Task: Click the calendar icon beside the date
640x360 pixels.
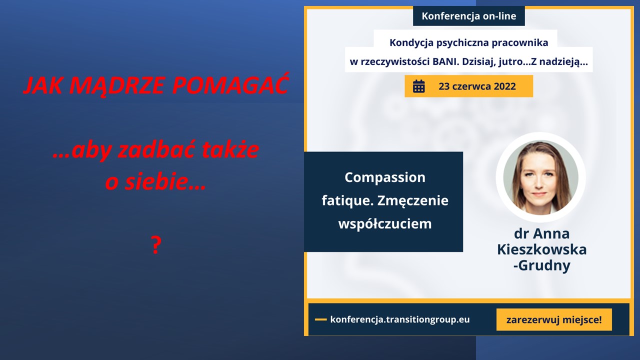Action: [x=419, y=86]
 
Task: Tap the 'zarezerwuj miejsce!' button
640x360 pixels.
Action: [x=554, y=319]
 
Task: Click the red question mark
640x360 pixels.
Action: [x=156, y=245]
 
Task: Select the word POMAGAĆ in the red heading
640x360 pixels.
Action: [x=231, y=85]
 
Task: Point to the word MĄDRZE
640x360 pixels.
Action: [x=117, y=85]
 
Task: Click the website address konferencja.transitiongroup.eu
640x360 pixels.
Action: [x=399, y=319]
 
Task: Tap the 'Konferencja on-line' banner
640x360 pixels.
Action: [x=469, y=16]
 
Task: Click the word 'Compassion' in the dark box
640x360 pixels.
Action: [x=385, y=177]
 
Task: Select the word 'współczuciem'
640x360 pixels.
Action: [x=385, y=223]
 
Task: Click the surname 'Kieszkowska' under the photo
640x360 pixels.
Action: [x=541, y=249]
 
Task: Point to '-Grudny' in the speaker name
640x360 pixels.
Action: [x=541, y=265]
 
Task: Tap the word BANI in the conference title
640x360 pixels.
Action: [x=444, y=61]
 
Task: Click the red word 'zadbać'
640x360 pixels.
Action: [x=156, y=150]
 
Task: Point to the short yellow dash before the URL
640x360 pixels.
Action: [x=320, y=319]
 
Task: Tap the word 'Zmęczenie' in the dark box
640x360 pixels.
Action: [x=413, y=201]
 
